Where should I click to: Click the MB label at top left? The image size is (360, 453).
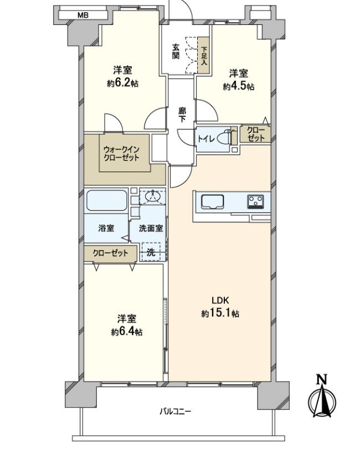[83, 15]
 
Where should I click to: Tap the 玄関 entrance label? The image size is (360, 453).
[176, 52]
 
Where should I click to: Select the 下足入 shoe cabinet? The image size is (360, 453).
[203, 55]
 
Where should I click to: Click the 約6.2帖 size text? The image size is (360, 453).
[122, 84]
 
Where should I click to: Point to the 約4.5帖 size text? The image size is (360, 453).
[239, 86]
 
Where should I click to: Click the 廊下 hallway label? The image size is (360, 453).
[182, 115]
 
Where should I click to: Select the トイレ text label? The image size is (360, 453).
[206, 139]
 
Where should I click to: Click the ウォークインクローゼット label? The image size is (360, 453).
[122, 153]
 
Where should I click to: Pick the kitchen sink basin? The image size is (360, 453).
[213, 202]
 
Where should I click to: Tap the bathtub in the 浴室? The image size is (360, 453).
[106, 200]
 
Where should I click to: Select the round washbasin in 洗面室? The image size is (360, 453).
[152, 197]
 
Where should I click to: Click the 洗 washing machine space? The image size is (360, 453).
[151, 252]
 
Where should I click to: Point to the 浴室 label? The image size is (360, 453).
[106, 228]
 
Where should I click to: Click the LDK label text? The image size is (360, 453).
[220, 301]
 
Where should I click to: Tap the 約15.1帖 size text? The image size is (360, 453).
[220, 313]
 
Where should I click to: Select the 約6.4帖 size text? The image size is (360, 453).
[127, 332]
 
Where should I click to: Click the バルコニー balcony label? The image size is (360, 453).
[176, 411]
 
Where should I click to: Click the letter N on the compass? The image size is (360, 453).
[321, 379]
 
